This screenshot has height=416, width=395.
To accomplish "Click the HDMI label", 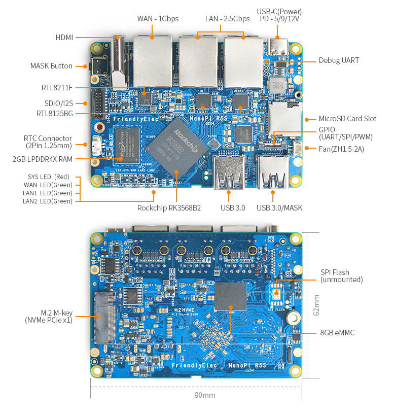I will click(64, 38).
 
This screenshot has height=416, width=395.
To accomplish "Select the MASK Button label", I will click(51, 66).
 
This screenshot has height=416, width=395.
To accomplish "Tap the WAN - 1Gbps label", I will click(158, 19).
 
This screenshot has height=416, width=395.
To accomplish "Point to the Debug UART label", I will click(339, 60).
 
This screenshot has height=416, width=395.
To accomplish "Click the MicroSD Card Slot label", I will click(347, 119).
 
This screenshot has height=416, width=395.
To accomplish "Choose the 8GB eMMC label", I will click(337, 333).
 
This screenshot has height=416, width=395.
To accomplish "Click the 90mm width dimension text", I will click(205, 395).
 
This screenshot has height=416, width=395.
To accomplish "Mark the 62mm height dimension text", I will click(317, 305).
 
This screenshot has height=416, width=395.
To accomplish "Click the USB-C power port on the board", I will click(277, 47).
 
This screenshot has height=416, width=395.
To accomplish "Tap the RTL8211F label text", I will click(57, 87).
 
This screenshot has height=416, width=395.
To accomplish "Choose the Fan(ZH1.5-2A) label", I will click(341, 149).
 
